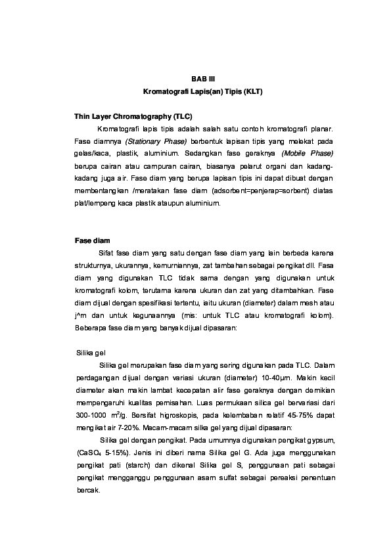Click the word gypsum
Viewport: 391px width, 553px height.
tap(319, 441)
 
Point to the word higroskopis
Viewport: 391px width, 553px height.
tap(179, 416)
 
